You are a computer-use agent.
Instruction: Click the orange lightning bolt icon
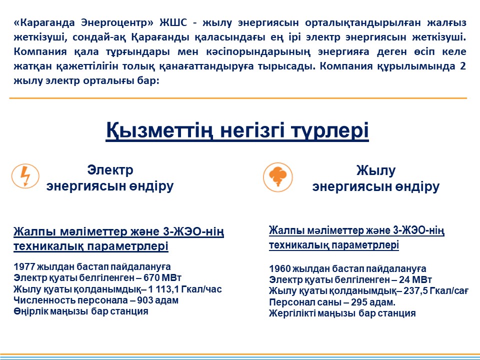pyautogui.click(x=25, y=176)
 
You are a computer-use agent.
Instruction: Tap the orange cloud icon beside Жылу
pyautogui.click(x=277, y=177)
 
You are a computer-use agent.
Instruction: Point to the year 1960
pyautogui.click(x=280, y=268)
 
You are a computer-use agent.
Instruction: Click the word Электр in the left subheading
pyautogui.click(x=110, y=170)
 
